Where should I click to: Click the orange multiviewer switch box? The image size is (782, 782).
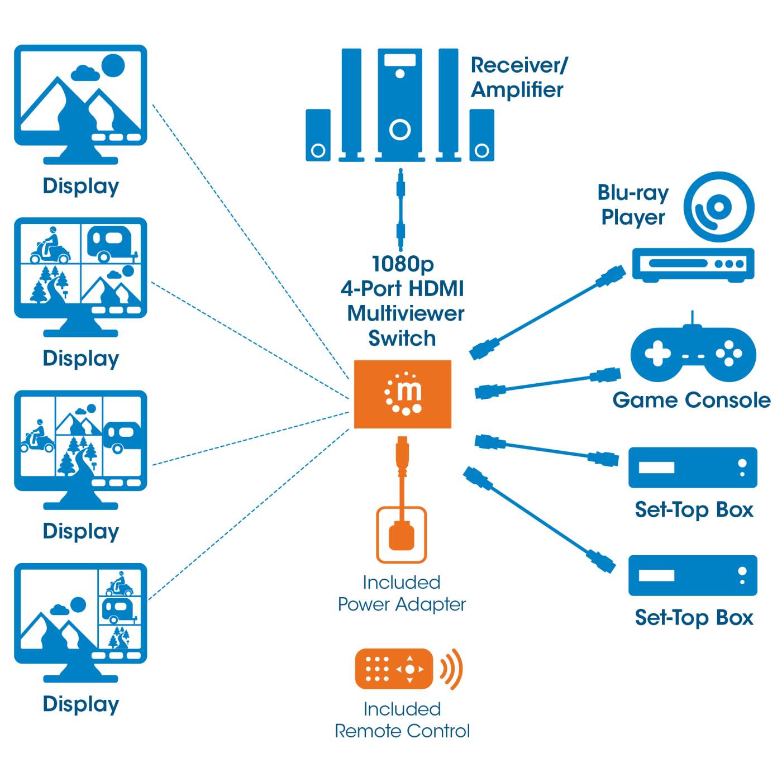pos(402,394)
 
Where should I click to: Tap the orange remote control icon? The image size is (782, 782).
pos(394,669)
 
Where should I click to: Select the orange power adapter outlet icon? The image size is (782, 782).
pos(401,534)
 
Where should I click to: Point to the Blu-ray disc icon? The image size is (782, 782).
pos(719,207)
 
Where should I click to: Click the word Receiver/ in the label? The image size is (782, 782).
pos(519,65)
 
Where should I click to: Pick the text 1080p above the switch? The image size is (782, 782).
pos(403,264)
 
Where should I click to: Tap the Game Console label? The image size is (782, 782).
pos(691,400)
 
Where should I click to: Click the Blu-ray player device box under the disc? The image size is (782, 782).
pos(693,264)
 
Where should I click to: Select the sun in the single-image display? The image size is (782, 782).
pos(113,65)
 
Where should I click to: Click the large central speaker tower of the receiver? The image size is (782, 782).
pos(400,103)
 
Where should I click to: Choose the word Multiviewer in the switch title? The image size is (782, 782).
pos(406,313)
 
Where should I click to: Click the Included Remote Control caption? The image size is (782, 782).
pos(402,720)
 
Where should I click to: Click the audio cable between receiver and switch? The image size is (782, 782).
pos(400,209)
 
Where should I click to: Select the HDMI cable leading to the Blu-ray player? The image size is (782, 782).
pos(547,313)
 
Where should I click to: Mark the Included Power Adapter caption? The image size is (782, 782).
pos(402,593)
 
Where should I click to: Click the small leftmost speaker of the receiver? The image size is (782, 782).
pos(318,135)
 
